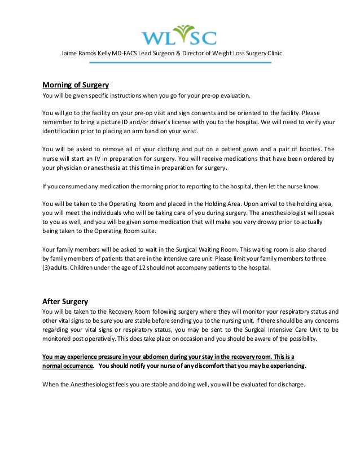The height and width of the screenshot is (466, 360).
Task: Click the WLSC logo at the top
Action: (x=178, y=35)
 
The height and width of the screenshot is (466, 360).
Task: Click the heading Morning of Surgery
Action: (x=76, y=85)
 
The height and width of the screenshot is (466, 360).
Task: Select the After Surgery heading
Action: (x=65, y=301)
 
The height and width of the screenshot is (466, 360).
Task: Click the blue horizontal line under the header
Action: (x=180, y=63)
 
